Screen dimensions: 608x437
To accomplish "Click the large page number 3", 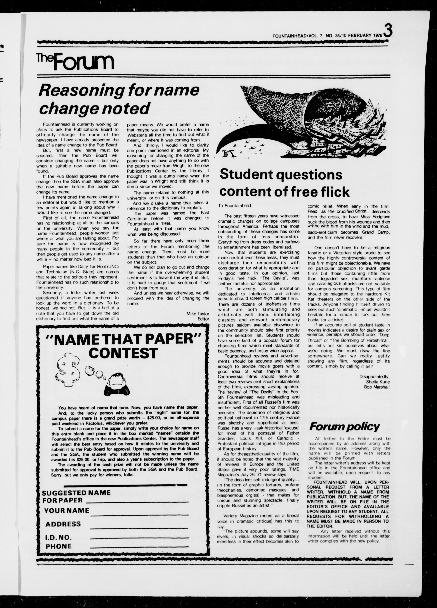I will pyautogui.click(x=388, y=31).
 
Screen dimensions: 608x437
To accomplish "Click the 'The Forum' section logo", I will pyautogui.click(x=75, y=62).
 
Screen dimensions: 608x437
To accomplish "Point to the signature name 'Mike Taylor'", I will pyautogui.click(x=198, y=314).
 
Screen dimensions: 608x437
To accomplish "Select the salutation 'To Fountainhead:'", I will pyautogui.click(x=235, y=206).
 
